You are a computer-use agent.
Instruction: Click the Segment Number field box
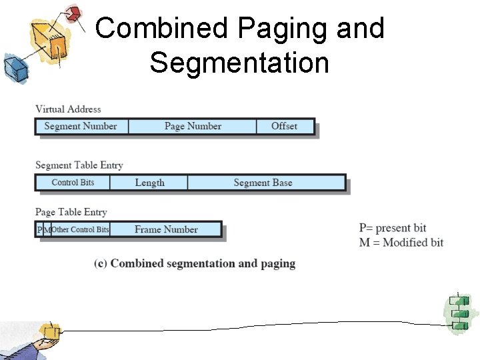[81, 126]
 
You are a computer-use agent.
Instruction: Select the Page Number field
[193, 126]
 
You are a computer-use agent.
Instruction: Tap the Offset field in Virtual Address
[285, 126]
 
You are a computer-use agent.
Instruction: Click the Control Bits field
[73, 183]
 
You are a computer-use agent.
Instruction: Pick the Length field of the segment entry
[149, 183]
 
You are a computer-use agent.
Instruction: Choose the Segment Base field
[263, 183]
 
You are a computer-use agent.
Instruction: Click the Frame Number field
[166, 229]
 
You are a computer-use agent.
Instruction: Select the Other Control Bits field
[81, 229]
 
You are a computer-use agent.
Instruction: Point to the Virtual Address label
[68, 109]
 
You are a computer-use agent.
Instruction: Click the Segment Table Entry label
[79, 165]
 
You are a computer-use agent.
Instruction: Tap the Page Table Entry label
[71, 212]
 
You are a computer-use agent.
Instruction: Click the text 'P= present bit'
[393, 228]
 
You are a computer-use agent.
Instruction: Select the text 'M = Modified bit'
[401, 242]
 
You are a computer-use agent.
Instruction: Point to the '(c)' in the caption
[101, 263]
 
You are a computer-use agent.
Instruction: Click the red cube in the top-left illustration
[73, 13]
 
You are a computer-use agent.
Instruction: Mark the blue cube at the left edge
[13, 67]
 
